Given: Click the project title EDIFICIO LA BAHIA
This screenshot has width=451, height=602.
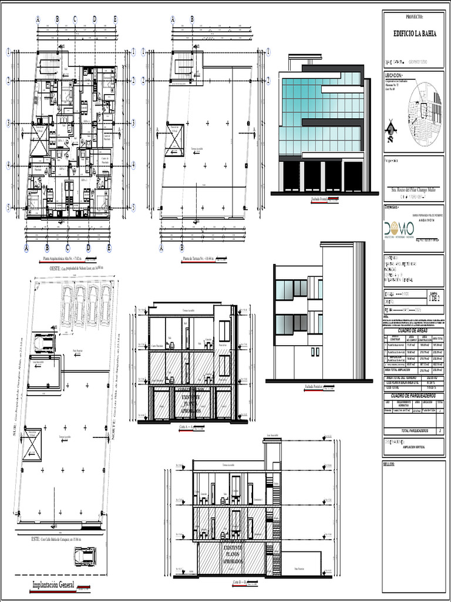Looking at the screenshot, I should pyautogui.click(x=414, y=35).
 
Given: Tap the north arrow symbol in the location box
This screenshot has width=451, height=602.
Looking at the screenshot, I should pyautogui.click(x=391, y=131).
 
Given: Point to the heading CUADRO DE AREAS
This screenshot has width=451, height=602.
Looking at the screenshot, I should pyautogui.click(x=413, y=331).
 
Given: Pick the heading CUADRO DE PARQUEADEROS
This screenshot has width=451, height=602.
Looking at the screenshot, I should pyautogui.click(x=413, y=396).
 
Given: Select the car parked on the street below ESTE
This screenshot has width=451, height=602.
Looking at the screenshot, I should pyautogui.click(x=85, y=556).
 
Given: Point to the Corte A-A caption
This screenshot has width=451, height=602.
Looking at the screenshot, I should pyautogui.click(x=186, y=426).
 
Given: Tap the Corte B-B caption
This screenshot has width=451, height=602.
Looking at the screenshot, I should pyautogui.click(x=241, y=581).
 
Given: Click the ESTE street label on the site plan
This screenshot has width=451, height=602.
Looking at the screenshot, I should pyautogui.click(x=56, y=539).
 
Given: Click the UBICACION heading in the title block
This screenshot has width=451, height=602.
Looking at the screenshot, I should pyautogui.click(x=394, y=76).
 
